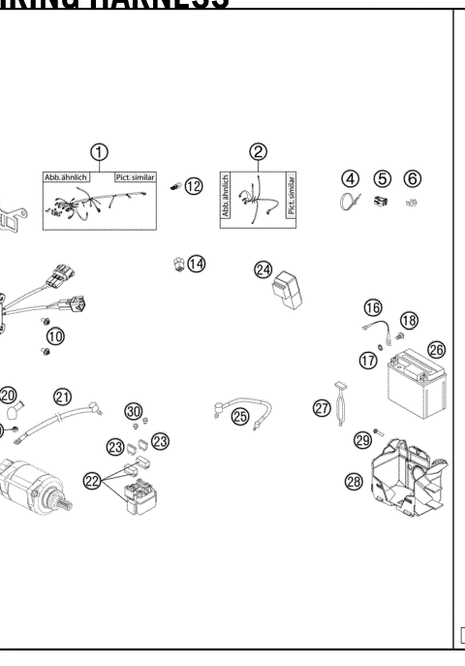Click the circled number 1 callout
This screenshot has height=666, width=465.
(x=99, y=153)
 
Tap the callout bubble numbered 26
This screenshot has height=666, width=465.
(x=436, y=349)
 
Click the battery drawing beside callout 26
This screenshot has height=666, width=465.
(x=413, y=390)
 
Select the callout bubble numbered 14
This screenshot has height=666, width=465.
(x=197, y=263)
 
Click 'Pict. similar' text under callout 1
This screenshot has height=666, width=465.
(x=135, y=179)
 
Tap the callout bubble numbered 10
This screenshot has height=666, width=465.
(x=55, y=336)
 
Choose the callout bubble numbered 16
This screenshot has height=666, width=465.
(x=373, y=307)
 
